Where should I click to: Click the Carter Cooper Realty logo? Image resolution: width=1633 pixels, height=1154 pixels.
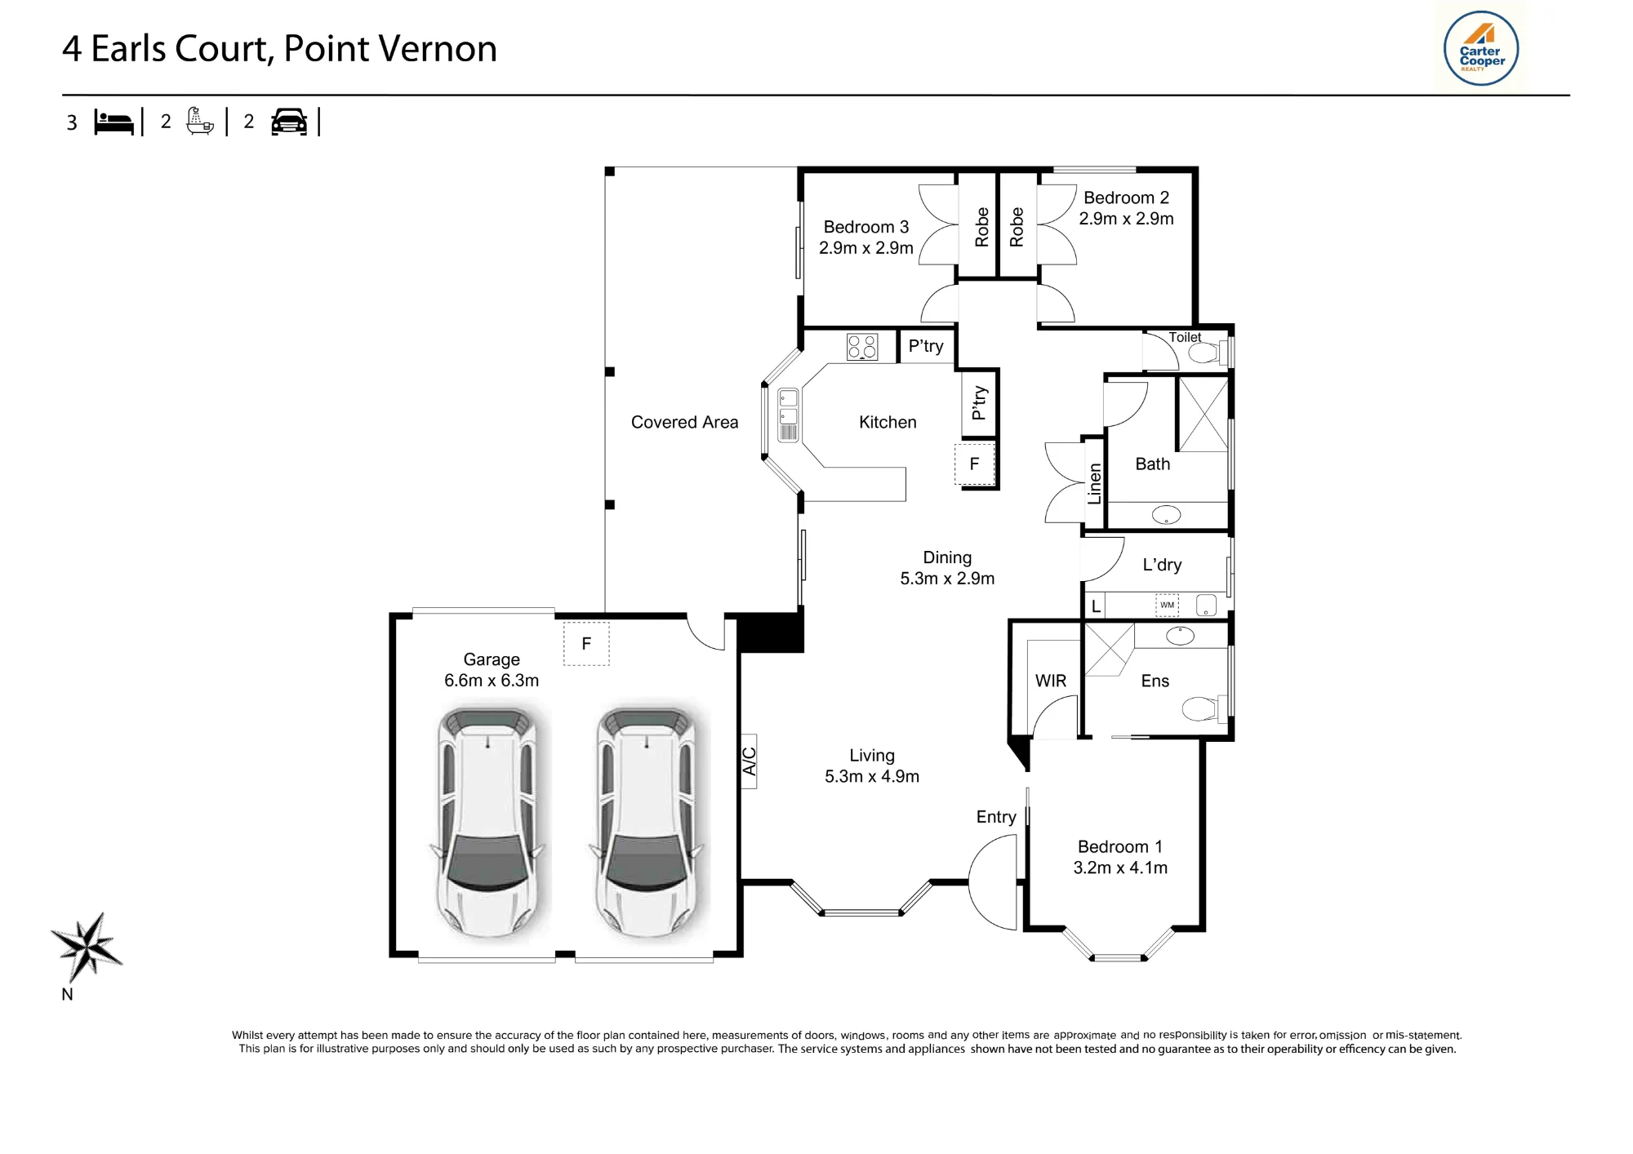pos(1481,48)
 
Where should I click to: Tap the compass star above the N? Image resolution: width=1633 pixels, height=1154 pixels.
pos(86,947)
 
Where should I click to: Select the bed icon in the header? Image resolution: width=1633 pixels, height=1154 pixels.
pos(113,122)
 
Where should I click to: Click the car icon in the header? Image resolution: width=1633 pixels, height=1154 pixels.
pos(289,122)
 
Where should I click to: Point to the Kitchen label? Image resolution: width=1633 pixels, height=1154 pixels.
pos(888,422)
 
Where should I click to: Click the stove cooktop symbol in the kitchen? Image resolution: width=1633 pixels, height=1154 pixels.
pos(862,347)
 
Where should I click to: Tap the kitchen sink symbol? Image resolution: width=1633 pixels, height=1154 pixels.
pos(788,415)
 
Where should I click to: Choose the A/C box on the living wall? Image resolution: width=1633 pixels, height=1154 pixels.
pos(749,761)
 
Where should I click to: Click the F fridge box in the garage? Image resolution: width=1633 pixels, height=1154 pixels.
pos(586,644)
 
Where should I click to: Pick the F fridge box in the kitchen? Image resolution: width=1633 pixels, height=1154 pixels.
pos(975,464)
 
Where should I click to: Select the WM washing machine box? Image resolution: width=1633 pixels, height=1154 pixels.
pos(1167,605)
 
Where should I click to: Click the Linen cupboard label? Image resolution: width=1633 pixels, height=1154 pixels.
pos(1095,483)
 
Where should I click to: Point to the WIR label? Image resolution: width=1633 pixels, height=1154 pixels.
pos(1051,681)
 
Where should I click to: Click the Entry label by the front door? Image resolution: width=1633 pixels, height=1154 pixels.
pos(996,817)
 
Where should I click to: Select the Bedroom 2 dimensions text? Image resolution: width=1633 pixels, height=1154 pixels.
pos(1126,219)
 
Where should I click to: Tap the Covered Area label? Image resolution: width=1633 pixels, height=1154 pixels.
pos(684,422)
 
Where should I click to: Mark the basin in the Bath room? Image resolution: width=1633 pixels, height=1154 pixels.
pos(1166,514)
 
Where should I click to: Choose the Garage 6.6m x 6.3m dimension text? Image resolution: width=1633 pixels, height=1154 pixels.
pos(492,681)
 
